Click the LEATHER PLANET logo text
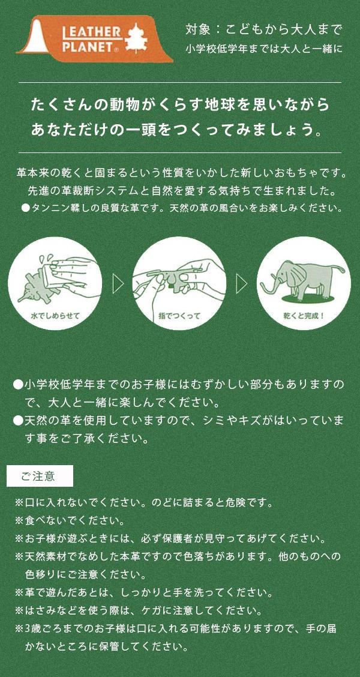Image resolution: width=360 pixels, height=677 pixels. coord(90,39)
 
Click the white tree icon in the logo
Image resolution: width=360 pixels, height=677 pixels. coord(137,37)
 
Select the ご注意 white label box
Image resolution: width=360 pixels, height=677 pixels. coord(40,476)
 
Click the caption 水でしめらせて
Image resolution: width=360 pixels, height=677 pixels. coord(55,315)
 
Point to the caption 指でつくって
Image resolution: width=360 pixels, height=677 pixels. coord(179,316)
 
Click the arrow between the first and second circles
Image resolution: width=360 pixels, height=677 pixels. coord(118,284)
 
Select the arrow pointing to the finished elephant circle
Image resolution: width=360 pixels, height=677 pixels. coord(242,284)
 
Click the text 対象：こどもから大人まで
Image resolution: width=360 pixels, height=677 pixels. coord(264,29)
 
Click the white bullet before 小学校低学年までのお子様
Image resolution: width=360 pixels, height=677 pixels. coord(18,384)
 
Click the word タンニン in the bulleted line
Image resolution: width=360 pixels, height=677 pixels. coord(49,208)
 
